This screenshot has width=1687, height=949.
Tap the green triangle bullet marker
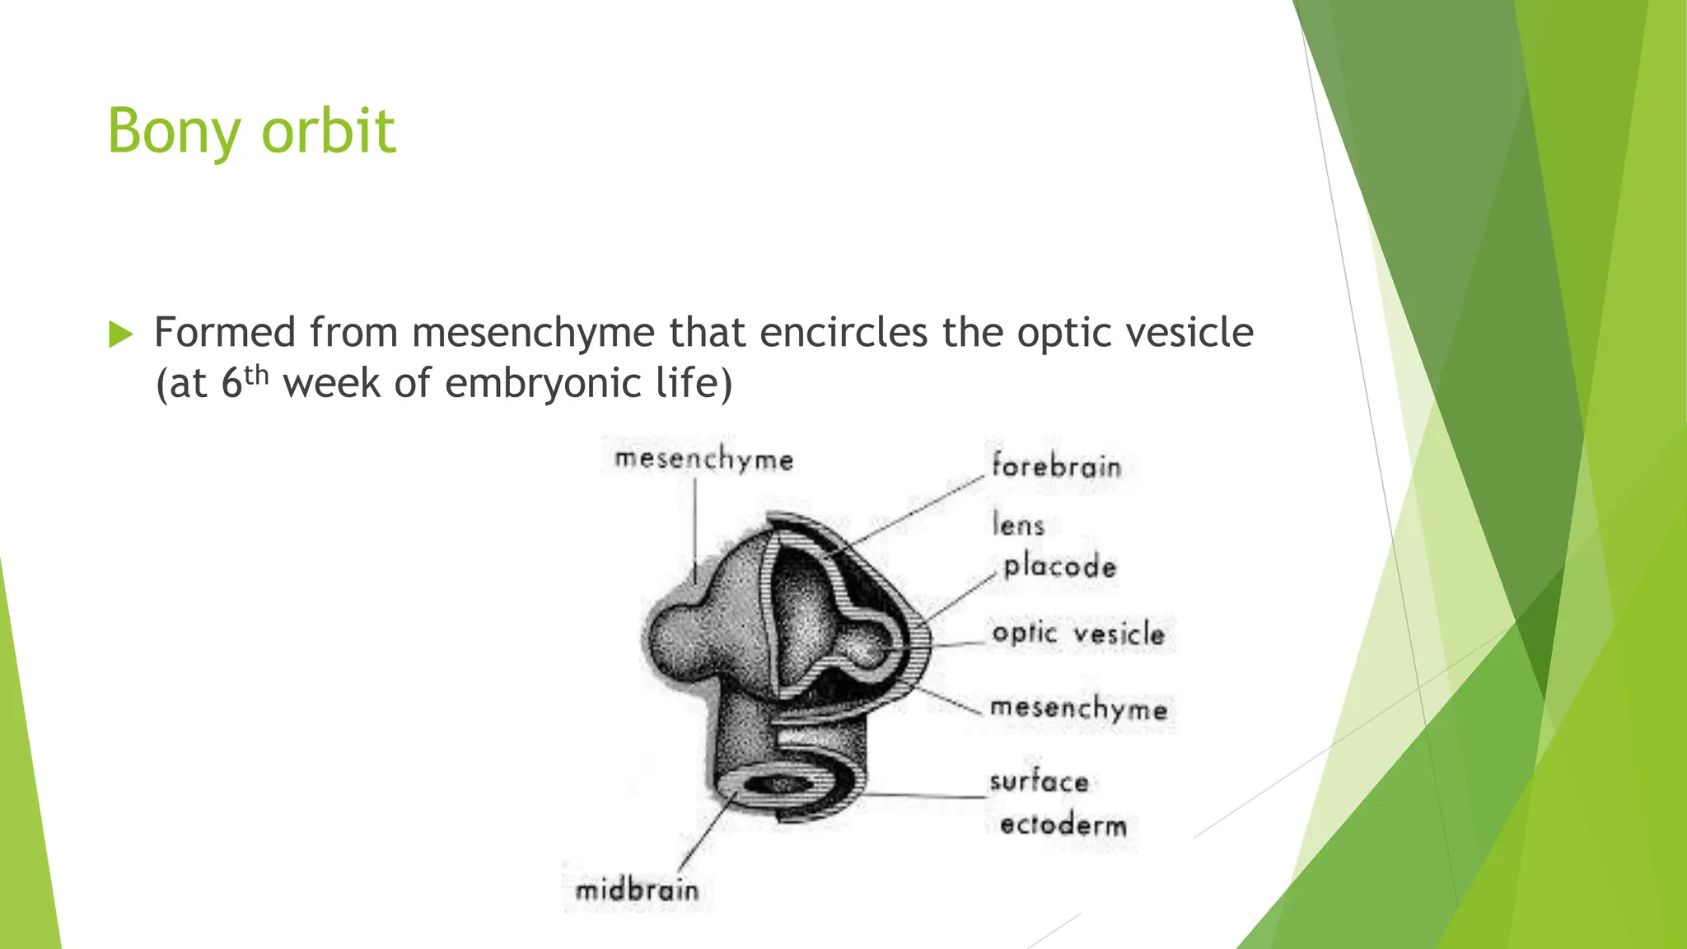120,334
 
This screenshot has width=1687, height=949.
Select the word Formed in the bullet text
225,333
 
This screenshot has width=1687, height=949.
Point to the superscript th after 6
256,376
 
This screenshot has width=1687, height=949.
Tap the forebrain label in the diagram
1056,466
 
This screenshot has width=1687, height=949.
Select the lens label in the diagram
1018,525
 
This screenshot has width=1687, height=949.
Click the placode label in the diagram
1060,566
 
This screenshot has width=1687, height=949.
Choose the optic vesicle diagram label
1078,633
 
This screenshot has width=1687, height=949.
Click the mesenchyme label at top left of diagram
703,460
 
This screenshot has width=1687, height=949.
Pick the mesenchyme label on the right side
1078,708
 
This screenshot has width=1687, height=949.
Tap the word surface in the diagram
1039,781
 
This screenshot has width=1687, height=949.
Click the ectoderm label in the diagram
1063,825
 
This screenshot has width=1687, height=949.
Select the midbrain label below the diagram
637,891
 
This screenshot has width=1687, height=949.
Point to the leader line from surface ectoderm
923,796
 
